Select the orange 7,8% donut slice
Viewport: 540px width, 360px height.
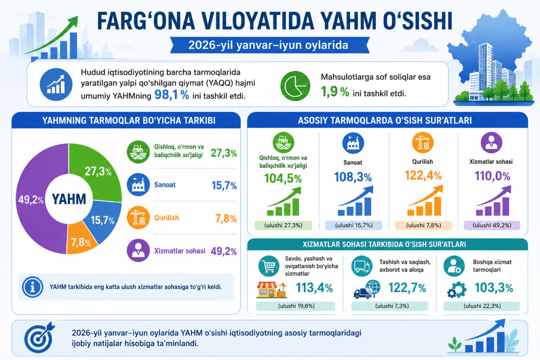80,240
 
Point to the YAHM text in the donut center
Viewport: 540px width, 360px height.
69,199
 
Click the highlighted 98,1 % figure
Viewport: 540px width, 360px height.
172,95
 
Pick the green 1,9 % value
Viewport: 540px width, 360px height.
335,92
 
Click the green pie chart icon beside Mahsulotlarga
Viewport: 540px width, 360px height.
295,86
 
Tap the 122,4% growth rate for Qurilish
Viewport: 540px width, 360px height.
423,175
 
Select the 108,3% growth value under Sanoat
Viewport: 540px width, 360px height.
353,177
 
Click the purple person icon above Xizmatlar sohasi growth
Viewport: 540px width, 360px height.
491,143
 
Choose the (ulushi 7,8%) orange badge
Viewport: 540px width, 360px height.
423,225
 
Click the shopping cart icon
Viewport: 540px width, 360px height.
269,266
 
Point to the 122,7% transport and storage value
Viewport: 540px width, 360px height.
407,288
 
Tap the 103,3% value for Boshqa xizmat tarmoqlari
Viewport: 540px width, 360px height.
494,288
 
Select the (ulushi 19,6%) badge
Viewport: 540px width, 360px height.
296,306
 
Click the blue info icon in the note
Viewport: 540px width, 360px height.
32,287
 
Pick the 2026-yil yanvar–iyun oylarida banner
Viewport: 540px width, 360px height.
270,45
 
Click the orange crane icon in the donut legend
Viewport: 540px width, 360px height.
138,217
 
